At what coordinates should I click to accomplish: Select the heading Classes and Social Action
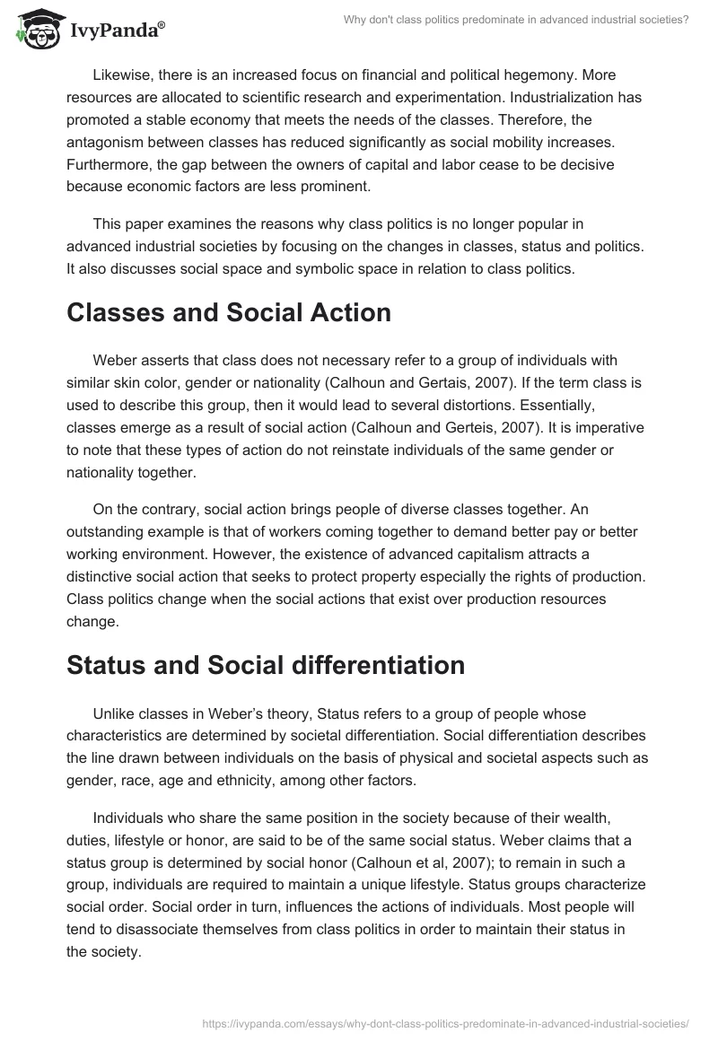coord(229,312)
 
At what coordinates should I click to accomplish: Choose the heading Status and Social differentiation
coord(266,664)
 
